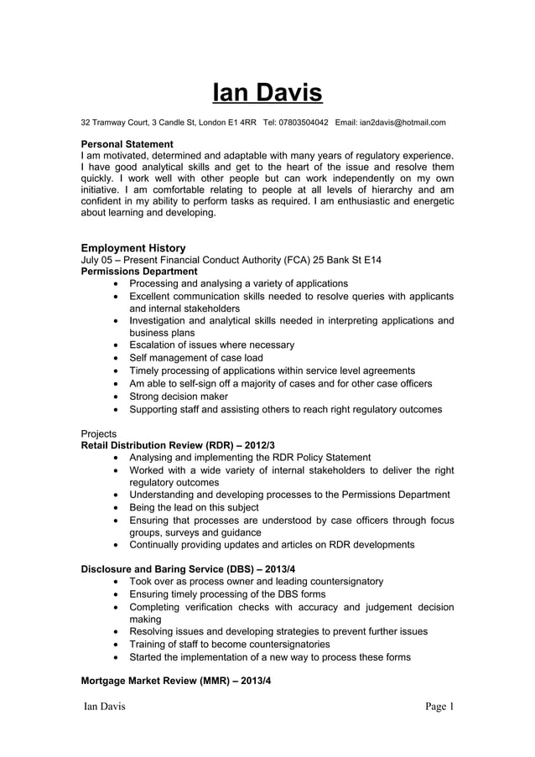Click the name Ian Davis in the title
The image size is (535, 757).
pos(267,91)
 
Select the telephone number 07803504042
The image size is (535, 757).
pos(303,123)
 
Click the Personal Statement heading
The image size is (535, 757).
pos(127,144)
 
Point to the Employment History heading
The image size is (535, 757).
pos(132,248)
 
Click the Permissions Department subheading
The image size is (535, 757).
pos(138,272)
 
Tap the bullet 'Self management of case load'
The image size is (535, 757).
pos(195,357)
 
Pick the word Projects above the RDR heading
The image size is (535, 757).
pos(99,433)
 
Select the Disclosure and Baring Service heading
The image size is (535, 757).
pos(188,569)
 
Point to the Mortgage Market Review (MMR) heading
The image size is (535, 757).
pos(176,681)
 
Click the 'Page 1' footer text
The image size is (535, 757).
pos(439,708)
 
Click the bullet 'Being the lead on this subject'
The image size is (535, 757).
pos(194,507)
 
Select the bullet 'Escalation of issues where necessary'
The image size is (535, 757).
pos(211,345)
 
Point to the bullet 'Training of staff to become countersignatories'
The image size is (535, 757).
pos(229,644)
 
